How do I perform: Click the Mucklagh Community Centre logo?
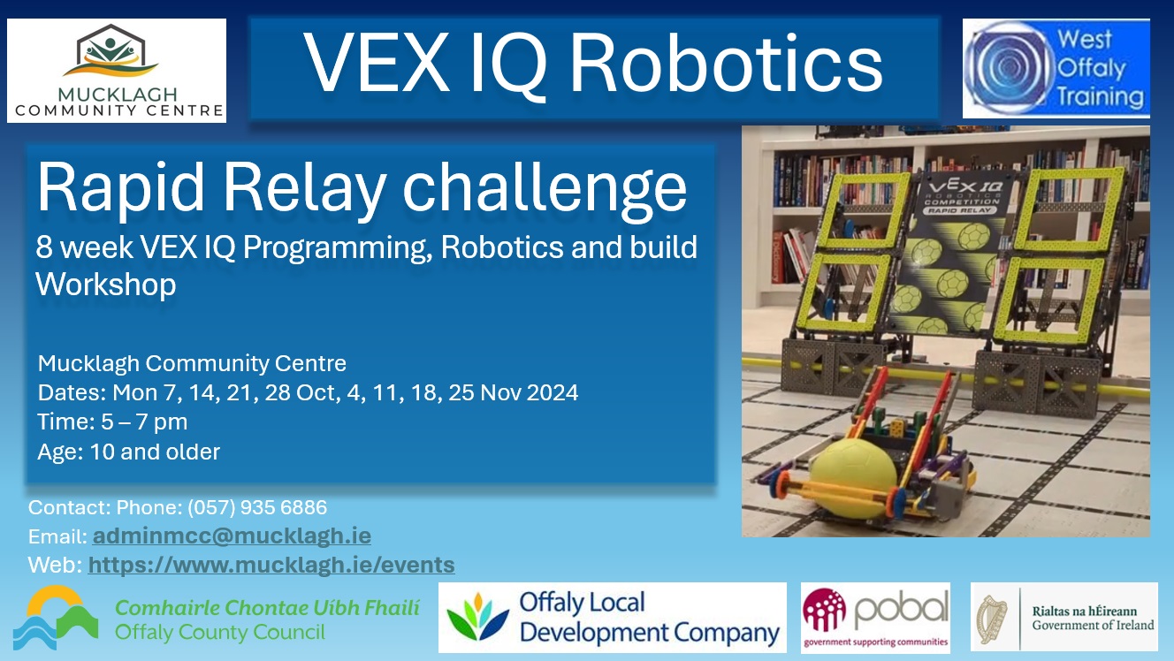pyautogui.click(x=117, y=71)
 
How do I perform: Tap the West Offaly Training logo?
pyautogui.click(x=1056, y=69)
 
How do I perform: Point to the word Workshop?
pyautogui.click(x=106, y=285)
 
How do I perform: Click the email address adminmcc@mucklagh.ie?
pyautogui.click(x=232, y=536)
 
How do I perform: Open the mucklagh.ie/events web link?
pyautogui.click(x=271, y=565)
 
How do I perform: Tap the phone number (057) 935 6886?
pyautogui.click(x=256, y=507)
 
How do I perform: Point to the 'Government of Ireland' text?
pyautogui.click(x=1093, y=625)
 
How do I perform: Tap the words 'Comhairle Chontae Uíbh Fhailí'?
pyautogui.click(x=267, y=607)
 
